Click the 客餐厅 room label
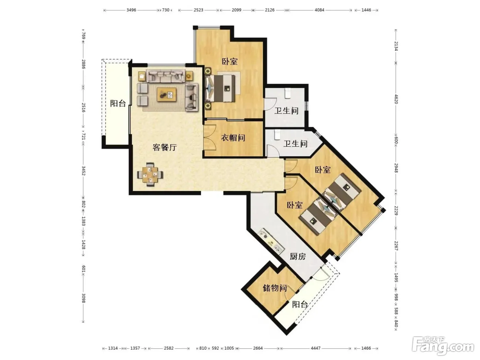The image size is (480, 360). tap(165, 147)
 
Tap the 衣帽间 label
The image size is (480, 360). tap(233, 138)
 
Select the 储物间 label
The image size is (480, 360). tap(275, 288)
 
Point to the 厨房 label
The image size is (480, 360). tap(298, 256)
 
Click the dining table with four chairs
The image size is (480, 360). tap(150, 175)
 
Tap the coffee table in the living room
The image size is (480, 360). tap(167, 94)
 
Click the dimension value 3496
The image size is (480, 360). tap(131, 10)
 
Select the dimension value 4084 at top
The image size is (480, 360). tap(319, 10)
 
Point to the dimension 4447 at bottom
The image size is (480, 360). tap(315, 348)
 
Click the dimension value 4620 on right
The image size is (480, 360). tap(396, 99)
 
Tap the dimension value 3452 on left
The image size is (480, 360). tap(83, 171)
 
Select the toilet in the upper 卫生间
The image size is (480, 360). tap(288, 93)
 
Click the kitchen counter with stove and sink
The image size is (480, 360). tap(271, 241)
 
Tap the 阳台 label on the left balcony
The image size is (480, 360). tap(118, 104)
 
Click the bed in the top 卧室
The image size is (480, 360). tap(220, 88)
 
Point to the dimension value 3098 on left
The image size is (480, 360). tap(83, 298)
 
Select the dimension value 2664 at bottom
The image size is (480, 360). tap(258, 348)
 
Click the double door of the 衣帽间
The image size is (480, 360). tap(209, 137)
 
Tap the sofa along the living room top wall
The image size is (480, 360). tap(166, 76)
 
